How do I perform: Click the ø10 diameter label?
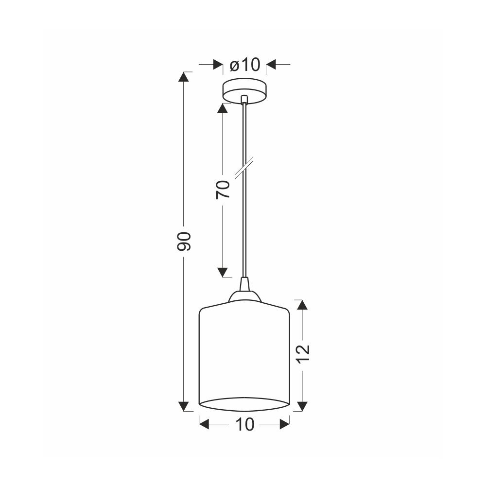(x=244, y=65)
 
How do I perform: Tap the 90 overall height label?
(x=184, y=241)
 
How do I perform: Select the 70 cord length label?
(x=223, y=190)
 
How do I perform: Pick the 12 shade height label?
(x=303, y=354)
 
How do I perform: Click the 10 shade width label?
(x=245, y=424)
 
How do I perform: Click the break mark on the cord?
(x=244, y=168)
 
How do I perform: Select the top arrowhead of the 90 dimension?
(x=184, y=77)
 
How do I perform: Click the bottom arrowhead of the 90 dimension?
(x=184, y=406)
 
